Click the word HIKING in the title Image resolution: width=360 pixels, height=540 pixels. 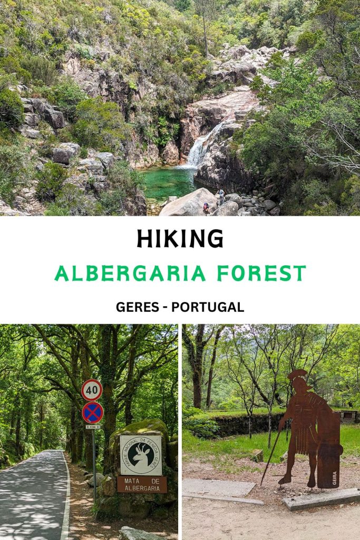180,239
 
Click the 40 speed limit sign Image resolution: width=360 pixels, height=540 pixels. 92,390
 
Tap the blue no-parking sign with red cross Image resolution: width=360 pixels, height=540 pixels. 92,412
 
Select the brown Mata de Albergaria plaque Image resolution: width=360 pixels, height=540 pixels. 142,484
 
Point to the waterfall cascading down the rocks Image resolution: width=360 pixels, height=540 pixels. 199,148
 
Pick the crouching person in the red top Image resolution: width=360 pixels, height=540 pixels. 206,209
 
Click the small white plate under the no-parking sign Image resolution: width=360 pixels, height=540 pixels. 93,427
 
